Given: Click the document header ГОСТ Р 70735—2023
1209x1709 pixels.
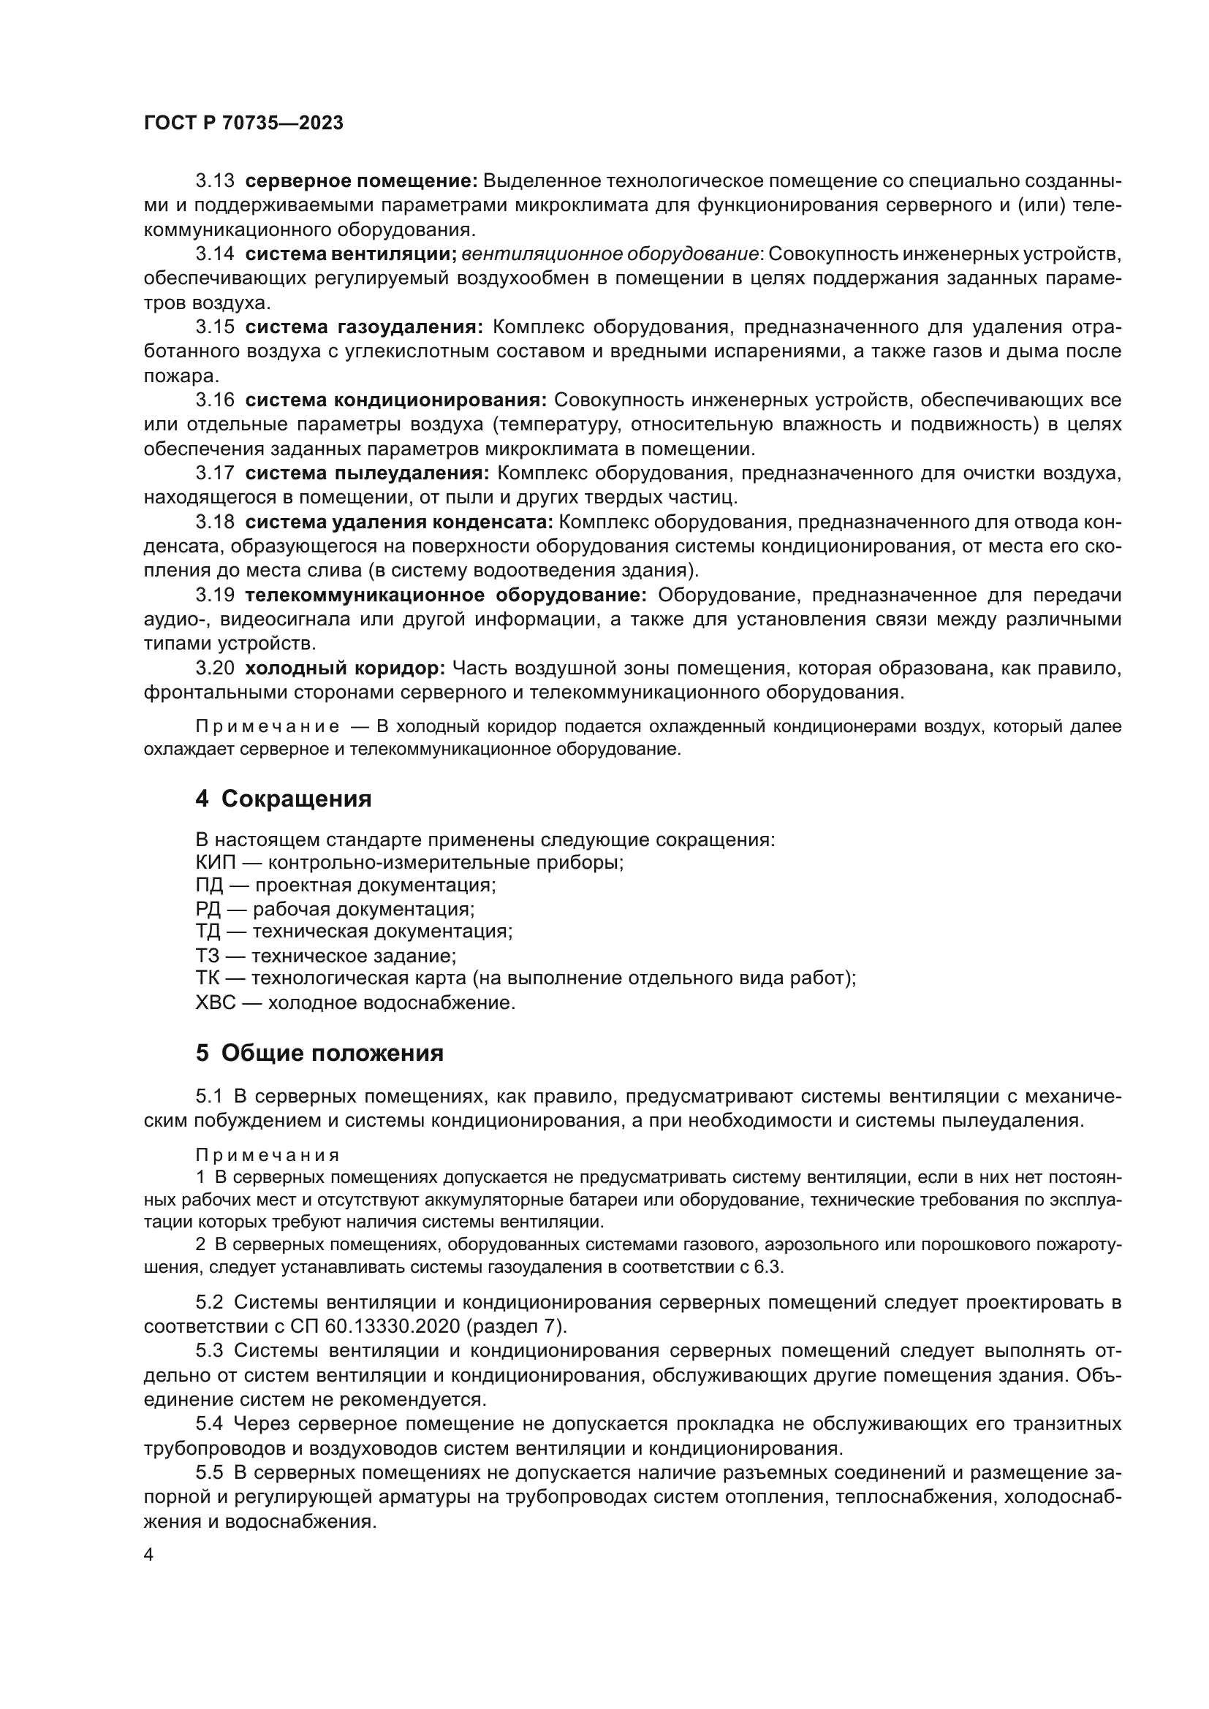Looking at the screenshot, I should tap(243, 123).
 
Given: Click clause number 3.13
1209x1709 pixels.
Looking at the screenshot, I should tap(214, 181).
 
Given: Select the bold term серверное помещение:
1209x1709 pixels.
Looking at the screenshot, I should tap(361, 181).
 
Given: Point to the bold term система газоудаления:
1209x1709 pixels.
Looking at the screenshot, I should tap(364, 327).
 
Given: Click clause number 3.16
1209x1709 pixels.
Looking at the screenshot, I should tap(214, 400).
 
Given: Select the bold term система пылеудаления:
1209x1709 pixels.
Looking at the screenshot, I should tap(367, 473).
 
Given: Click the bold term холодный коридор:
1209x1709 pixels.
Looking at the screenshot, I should tap(345, 669).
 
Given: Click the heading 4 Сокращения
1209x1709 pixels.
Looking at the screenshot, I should tap(283, 799).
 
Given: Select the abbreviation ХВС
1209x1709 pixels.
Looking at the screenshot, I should tap(215, 1002).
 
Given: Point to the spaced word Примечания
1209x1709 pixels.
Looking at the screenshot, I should tap(268, 1155).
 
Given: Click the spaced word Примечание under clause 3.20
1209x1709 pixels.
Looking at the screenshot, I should tap(268, 726).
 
